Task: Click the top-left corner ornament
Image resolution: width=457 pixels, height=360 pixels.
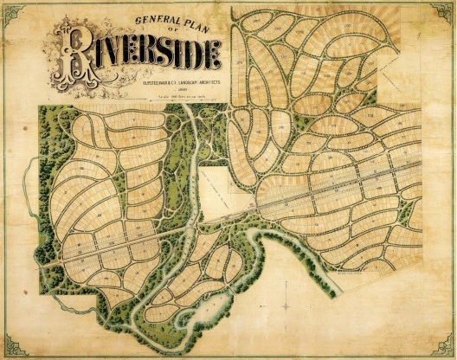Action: (10, 10)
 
